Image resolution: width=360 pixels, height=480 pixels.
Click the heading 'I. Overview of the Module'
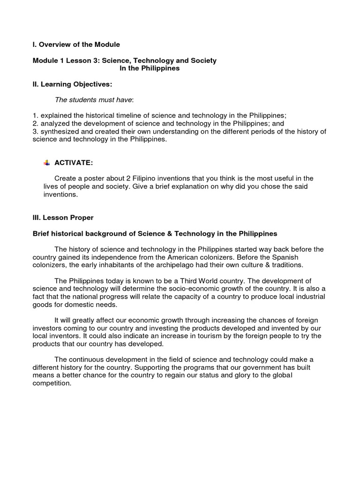click(x=76, y=45)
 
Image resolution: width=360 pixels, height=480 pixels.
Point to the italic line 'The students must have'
click(x=94, y=99)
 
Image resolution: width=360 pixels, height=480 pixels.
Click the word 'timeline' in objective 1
click(x=125, y=116)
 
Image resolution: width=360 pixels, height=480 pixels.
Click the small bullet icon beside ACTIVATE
click(x=46, y=163)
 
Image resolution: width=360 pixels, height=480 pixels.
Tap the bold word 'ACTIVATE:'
click(x=74, y=163)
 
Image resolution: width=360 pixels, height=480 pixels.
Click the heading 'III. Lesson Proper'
click(x=63, y=217)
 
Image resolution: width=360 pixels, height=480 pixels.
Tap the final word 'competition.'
click(x=52, y=383)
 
